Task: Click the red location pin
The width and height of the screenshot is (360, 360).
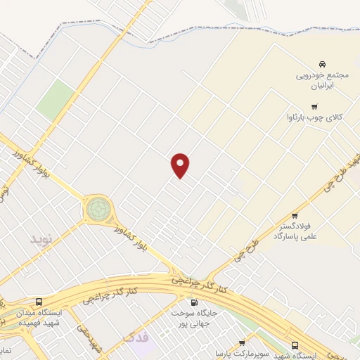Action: (181, 165)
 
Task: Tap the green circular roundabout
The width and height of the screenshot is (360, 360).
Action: (98, 209)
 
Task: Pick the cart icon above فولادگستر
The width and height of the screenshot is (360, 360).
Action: (295, 216)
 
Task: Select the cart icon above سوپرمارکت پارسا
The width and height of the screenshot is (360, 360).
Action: (242, 342)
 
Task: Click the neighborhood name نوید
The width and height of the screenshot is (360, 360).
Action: (41, 239)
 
